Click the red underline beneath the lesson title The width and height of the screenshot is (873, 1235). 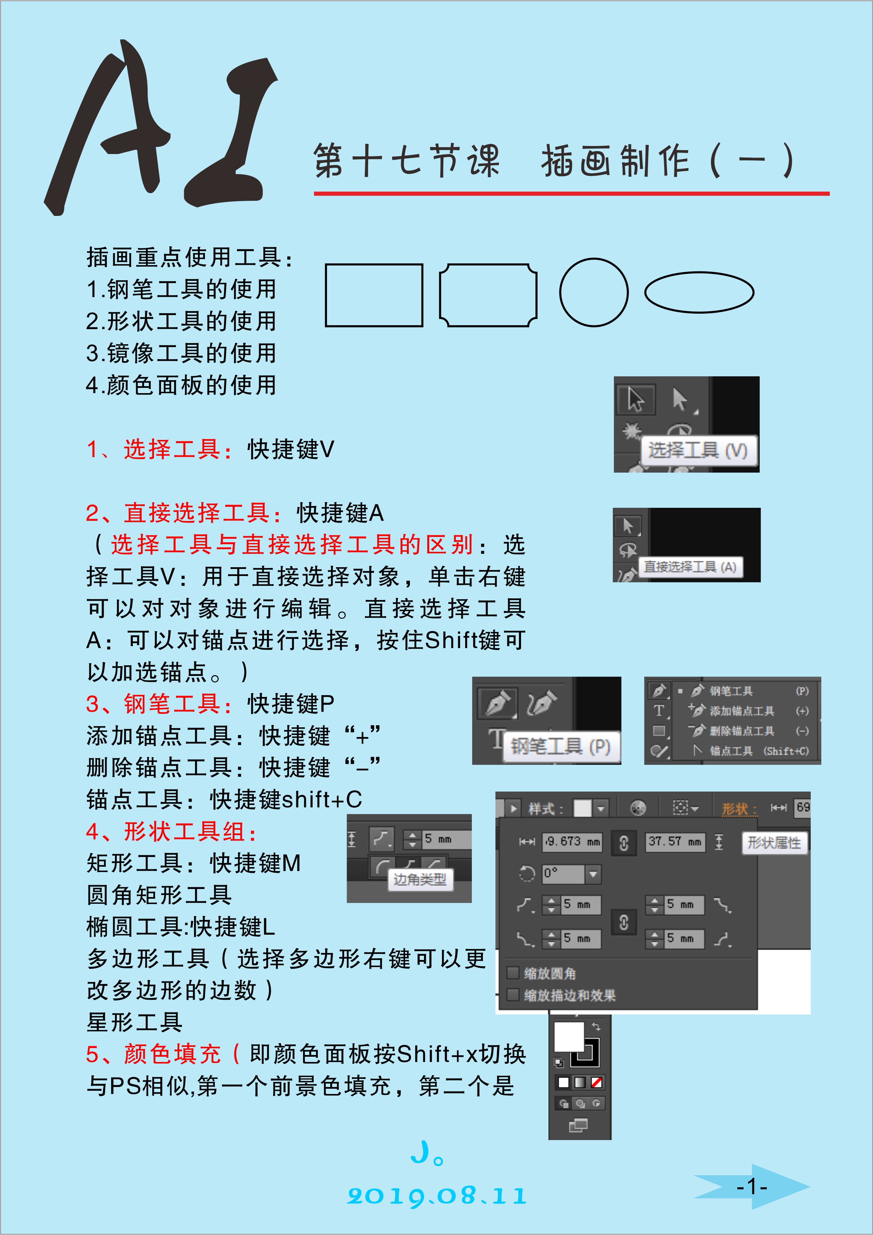571,193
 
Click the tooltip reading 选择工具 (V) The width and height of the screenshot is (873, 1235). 698,450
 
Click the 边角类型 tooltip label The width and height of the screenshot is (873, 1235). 419,879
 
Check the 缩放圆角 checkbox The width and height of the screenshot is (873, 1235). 513,973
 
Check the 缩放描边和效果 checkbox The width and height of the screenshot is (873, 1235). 513,994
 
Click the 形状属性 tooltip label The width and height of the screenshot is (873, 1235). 774,842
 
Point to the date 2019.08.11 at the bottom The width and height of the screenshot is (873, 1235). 437,1196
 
